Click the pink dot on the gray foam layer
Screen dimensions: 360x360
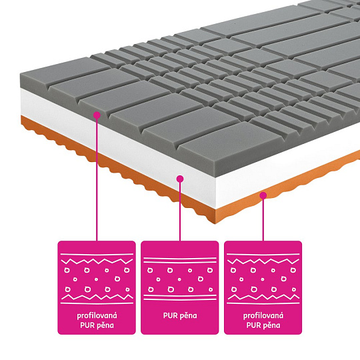tap(97, 115)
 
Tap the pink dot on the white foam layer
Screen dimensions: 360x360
tap(180, 179)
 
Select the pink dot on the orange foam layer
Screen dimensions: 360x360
tap(263, 195)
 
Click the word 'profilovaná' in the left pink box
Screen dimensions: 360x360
tap(97, 316)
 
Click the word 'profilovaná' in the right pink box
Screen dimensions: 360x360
tap(263, 316)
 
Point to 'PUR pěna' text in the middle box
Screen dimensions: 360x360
tap(180, 316)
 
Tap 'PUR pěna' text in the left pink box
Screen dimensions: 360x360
tap(97, 325)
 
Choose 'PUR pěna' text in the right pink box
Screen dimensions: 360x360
tap(263, 325)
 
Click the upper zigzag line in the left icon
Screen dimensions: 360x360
tap(97, 261)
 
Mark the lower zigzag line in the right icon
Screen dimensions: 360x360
tap(263, 297)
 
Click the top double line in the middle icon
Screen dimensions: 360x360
tap(180, 260)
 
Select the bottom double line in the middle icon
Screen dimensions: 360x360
tap(180, 297)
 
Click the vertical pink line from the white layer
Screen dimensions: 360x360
tap(180, 211)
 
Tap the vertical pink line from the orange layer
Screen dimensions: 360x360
tap(263, 220)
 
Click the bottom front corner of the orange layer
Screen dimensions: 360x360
tap(215, 223)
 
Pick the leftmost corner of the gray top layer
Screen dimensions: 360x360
tap(21, 74)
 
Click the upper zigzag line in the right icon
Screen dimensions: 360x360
tap(263, 261)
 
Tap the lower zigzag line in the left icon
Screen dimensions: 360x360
tap(97, 297)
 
